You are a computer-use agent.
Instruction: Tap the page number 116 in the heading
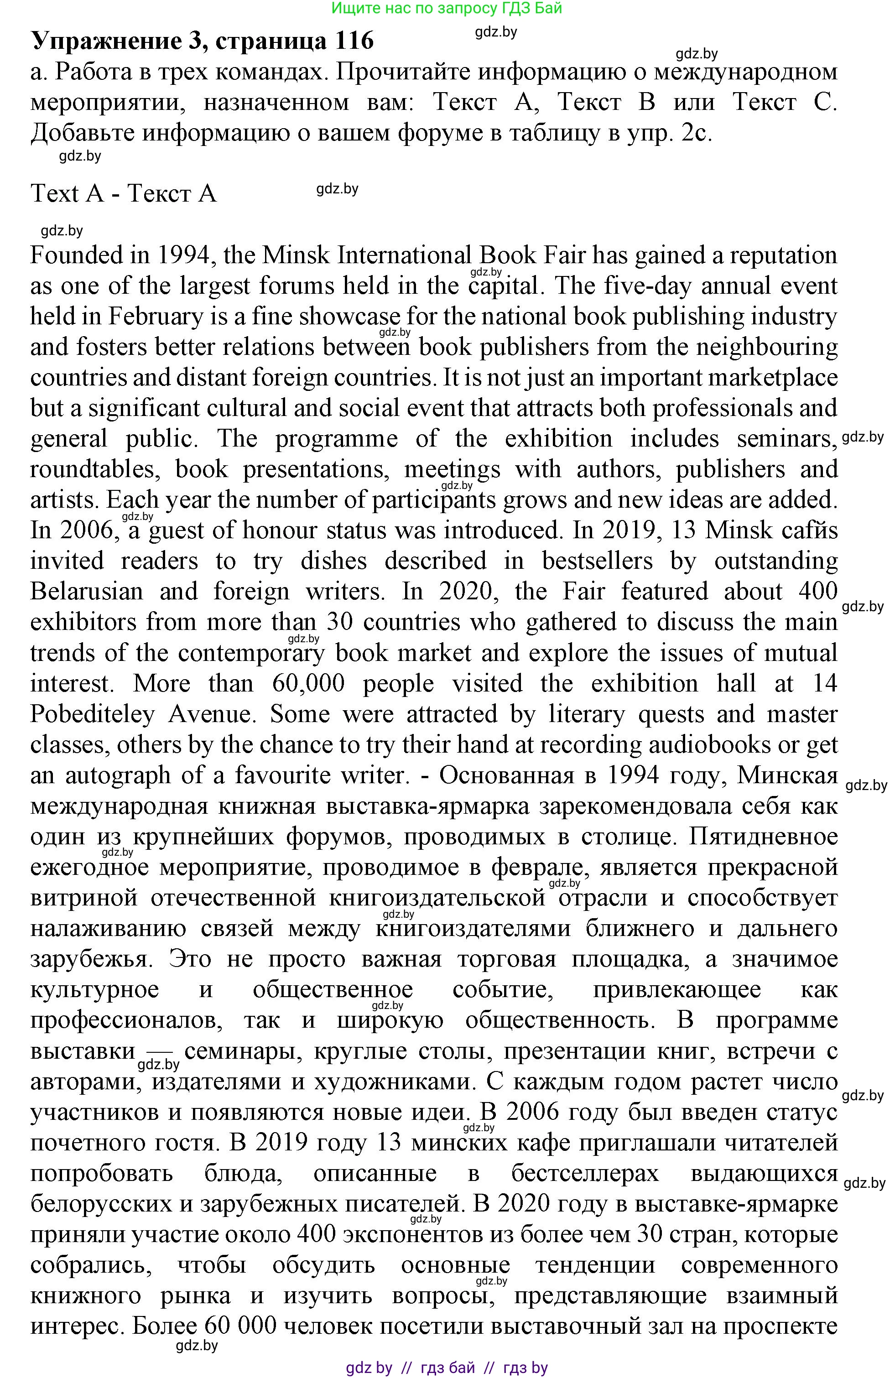pyautogui.click(x=354, y=41)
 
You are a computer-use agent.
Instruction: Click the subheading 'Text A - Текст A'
pyautogui.click(x=123, y=193)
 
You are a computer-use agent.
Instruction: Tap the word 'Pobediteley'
pyautogui.click(x=93, y=714)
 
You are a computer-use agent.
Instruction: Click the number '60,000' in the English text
pyautogui.click(x=308, y=683)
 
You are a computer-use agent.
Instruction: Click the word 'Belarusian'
pyautogui.click(x=87, y=592)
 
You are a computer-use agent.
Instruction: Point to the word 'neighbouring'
pyautogui.click(x=766, y=348)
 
